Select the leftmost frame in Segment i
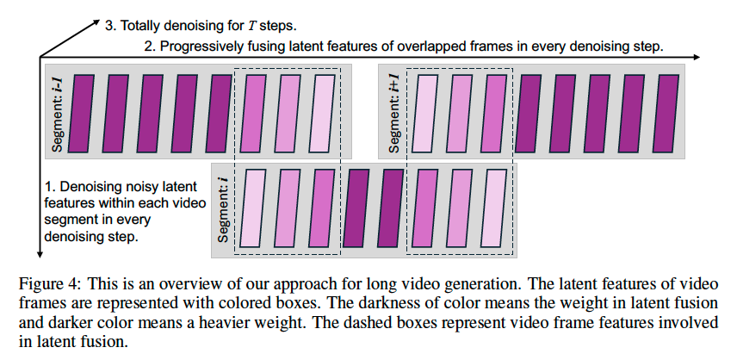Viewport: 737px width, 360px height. pos(251,209)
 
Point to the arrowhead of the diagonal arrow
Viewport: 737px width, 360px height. pos(97,20)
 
